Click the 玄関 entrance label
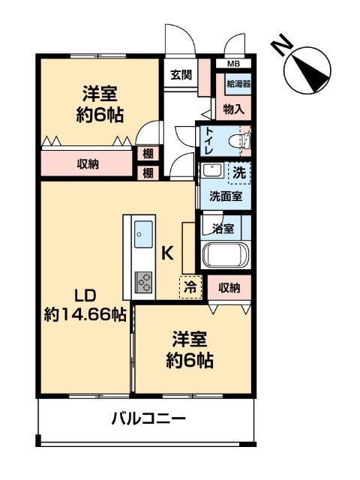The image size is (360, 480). point(181,75)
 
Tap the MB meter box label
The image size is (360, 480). point(233,64)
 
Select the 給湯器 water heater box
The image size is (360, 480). point(238,83)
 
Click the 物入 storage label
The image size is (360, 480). point(234,109)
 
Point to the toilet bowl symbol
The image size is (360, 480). point(240,141)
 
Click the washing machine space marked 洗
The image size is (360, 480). point(239,173)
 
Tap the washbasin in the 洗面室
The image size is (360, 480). point(213,170)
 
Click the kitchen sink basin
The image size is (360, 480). point(143,234)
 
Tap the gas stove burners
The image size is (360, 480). point(143,282)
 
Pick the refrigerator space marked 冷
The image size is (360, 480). point(190,287)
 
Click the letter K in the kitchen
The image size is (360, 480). point(167,253)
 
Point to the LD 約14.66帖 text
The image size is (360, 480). point(85,305)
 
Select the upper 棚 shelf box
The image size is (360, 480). point(148,153)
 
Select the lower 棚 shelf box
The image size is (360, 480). point(148,173)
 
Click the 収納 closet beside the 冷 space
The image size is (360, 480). point(229,287)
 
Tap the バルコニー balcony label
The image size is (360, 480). point(148,418)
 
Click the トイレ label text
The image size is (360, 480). point(209,141)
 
